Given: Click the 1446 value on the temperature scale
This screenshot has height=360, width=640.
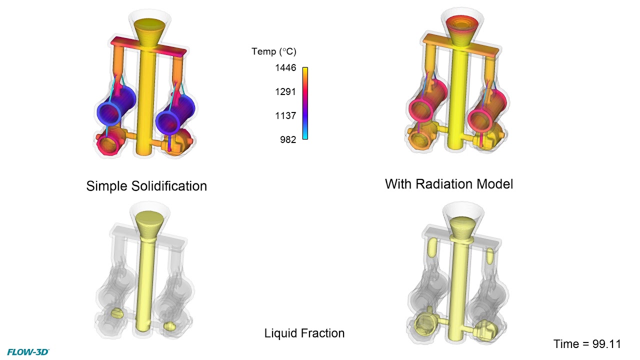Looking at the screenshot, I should [285, 68].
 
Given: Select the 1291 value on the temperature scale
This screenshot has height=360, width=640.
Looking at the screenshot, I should [285, 92].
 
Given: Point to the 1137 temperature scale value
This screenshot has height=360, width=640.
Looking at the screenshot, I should [285, 116].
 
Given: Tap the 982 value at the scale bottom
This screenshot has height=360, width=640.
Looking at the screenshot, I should [287, 140].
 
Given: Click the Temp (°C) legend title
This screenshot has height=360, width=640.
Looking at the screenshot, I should [273, 51].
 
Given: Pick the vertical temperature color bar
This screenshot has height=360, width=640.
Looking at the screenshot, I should [305, 103].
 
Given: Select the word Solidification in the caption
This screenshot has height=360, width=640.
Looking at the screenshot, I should [173, 186].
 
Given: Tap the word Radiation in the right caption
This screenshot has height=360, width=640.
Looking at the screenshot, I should [449, 184].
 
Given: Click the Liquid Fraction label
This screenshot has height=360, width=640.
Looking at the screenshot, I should [304, 333].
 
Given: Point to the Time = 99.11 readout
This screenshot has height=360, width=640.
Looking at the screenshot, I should [587, 344].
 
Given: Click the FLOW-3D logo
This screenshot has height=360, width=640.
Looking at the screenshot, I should [28, 352].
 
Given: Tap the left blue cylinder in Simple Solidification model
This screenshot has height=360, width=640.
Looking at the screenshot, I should [116, 107].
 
